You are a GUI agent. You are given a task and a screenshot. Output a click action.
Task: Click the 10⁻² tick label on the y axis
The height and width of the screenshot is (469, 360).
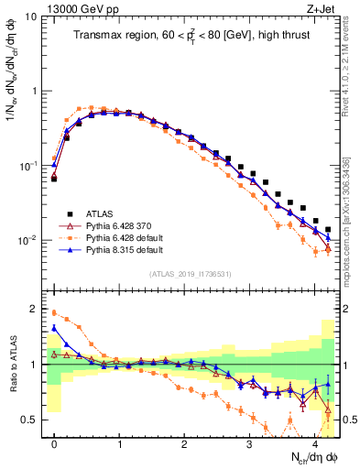pyautogui.click(x=27, y=240)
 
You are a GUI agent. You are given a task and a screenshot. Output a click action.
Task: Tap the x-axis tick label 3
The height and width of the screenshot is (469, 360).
pyautogui.click(x=249, y=442)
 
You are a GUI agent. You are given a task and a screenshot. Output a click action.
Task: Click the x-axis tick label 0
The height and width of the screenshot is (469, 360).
pyautogui.click(x=54, y=442)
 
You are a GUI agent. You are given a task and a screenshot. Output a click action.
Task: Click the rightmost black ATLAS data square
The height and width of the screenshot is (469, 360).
pyautogui.click(x=328, y=229)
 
